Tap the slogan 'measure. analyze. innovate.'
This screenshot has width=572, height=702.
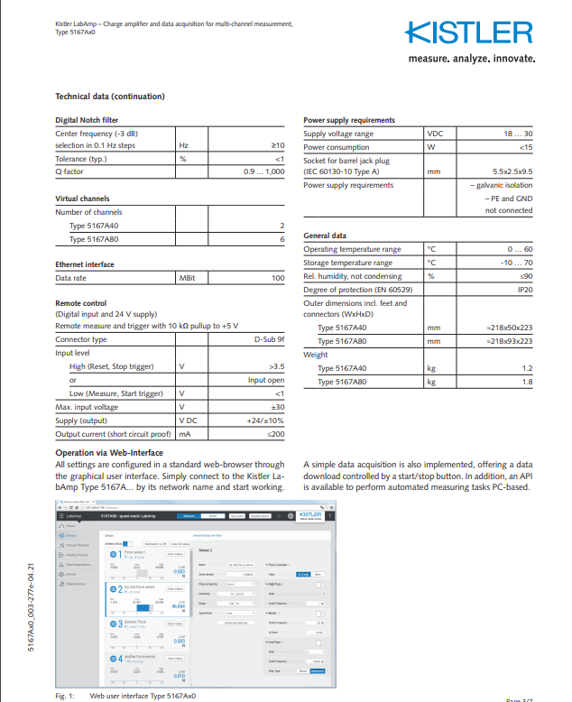point(468,59)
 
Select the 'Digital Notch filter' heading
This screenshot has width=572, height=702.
point(87,120)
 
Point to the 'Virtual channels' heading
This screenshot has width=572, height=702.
point(83,199)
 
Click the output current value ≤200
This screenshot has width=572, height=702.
point(274,434)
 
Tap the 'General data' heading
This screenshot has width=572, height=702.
point(325,236)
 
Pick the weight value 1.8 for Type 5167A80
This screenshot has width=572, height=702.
point(527,382)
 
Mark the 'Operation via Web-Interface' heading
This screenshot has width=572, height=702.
point(109,452)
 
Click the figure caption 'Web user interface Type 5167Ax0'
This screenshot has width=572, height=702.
point(143,697)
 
